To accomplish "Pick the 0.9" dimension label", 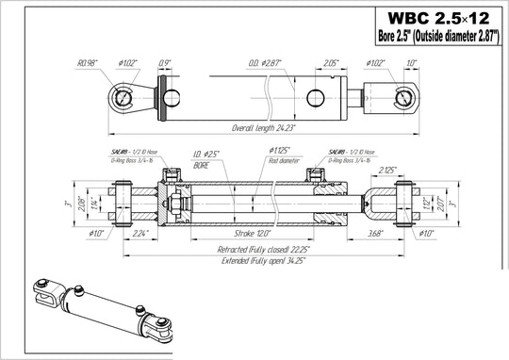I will tap(166, 64).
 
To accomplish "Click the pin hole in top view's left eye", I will tap(122, 95).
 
